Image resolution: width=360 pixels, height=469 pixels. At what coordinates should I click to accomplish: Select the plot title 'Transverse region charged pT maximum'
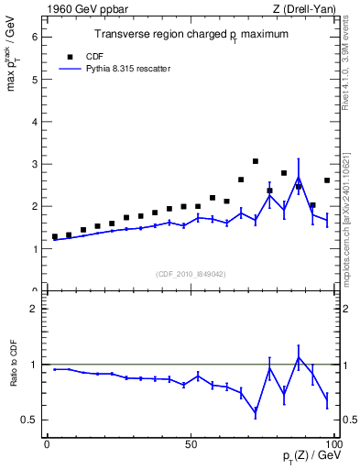pos(191,34)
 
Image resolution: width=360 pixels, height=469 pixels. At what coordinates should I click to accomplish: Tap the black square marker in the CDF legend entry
pos(67,55)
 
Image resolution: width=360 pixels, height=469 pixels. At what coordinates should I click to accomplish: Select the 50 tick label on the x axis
pos(191,444)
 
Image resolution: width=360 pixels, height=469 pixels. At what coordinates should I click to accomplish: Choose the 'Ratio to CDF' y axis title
pos(13,376)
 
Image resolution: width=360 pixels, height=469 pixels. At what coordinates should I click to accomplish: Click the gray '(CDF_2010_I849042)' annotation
pos(191,272)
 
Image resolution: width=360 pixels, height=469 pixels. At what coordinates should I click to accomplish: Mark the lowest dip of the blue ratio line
pos(256,411)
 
